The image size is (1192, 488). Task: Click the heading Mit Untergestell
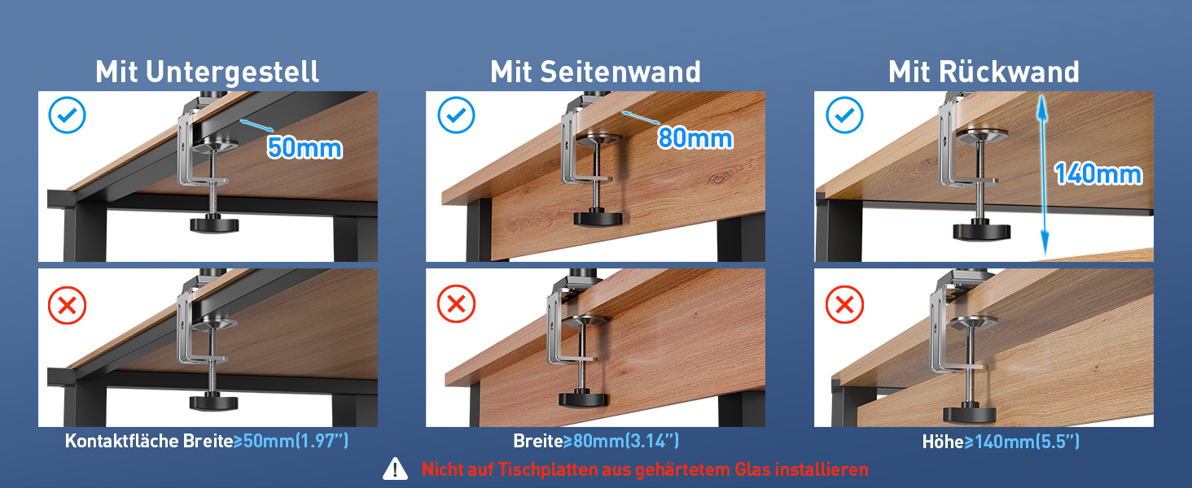(x=207, y=72)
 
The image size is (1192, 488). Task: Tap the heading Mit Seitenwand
(x=595, y=72)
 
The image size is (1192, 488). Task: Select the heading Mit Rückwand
(x=984, y=72)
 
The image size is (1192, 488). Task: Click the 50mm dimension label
(x=305, y=148)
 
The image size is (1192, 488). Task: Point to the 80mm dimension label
(x=695, y=138)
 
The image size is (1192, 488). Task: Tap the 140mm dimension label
(x=1098, y=174)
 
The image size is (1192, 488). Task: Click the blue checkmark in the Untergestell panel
(x=67, y=115)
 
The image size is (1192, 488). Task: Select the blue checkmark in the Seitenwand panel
(x=456, y=115)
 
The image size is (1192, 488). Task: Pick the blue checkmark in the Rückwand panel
(x=844, y=115)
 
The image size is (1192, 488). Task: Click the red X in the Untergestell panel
(x=67, y=305)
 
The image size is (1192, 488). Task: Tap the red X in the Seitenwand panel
(x=456, y=304)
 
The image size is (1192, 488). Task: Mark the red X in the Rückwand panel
(x=844, y=305)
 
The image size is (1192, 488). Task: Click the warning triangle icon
(x=395, y=468)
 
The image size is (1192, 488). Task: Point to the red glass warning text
(x=644, y=469)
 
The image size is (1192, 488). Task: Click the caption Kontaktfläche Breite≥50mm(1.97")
(x=207, y=441)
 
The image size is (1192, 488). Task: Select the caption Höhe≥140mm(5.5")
(x=1001, y=441)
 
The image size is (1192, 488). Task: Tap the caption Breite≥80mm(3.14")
(x=596, y=441)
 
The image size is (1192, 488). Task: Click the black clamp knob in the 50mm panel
(x=214, y=224)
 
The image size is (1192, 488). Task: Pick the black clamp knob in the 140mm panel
(x=981, y=231)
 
